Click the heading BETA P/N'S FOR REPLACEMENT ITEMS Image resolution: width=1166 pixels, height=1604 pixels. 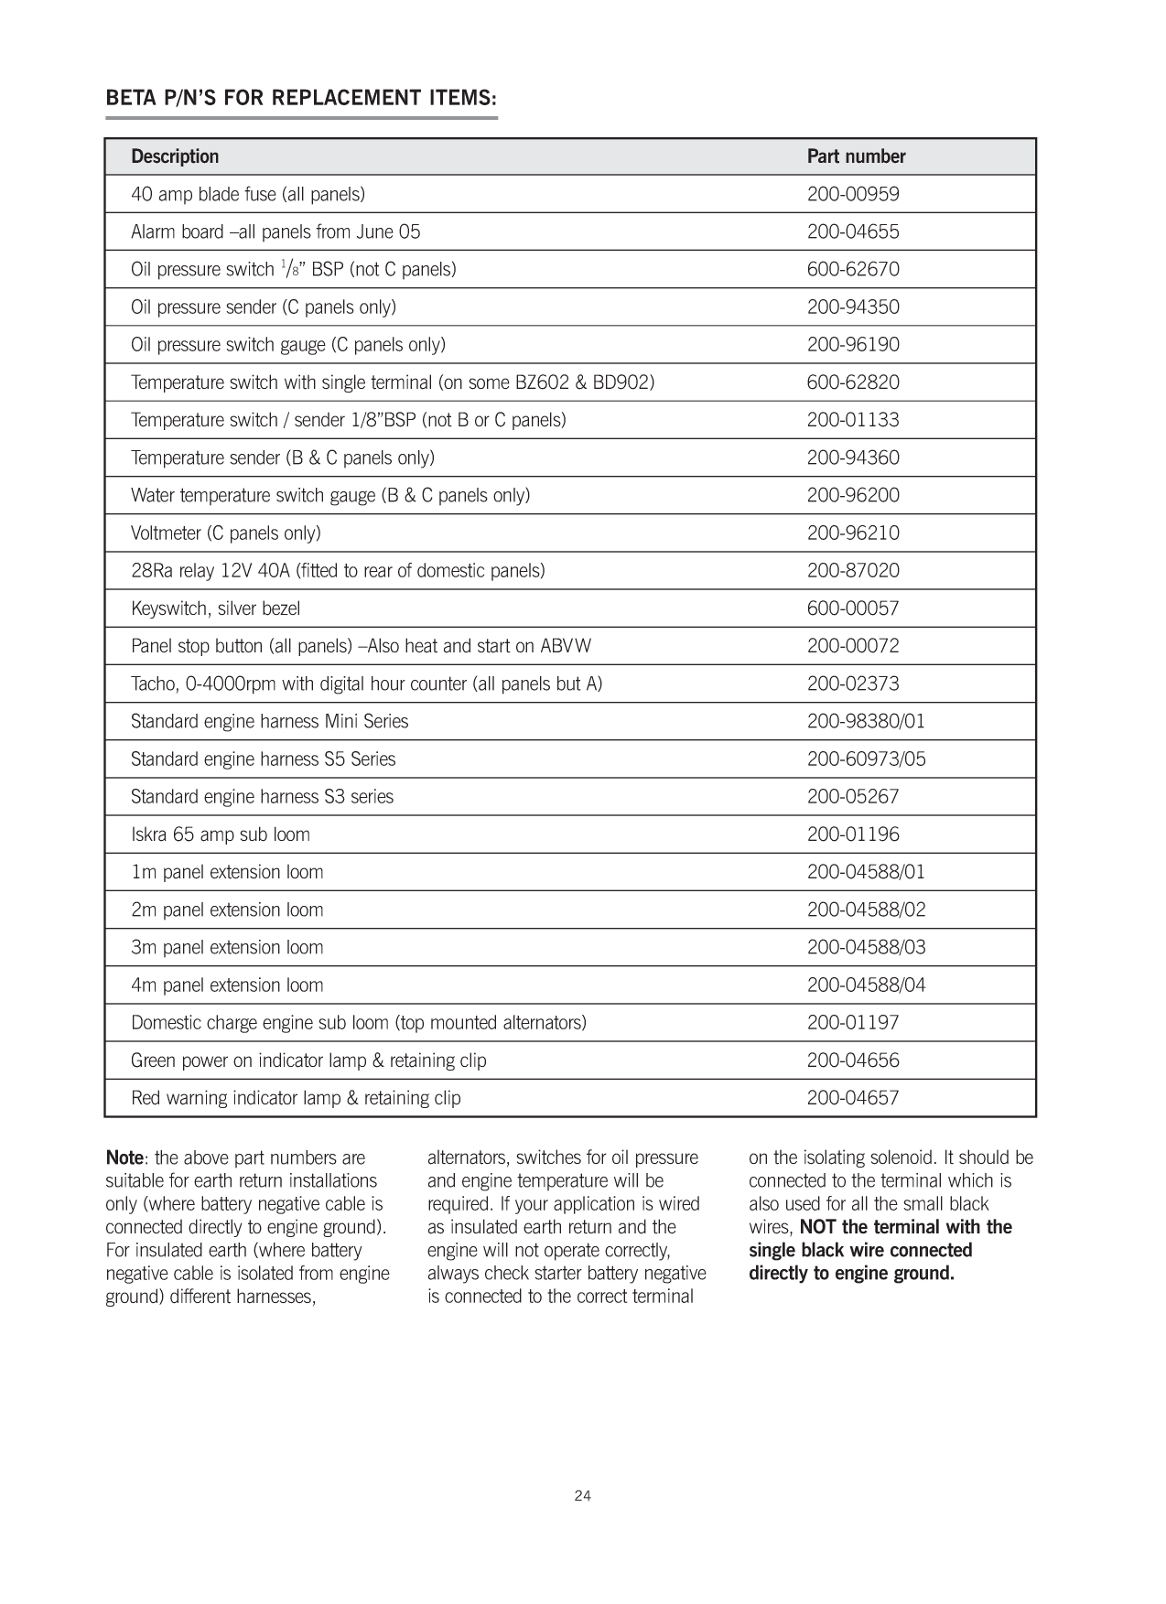[x=301, y=98]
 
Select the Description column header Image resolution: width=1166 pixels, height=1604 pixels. [x=175, y=156]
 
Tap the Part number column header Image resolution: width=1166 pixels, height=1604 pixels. [x=856, y=156]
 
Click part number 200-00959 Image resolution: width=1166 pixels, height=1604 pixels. [x=853, y=194]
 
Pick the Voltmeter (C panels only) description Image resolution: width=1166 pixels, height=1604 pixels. [x=226, y=533]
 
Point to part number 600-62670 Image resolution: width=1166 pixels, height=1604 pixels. [x=853, y=269]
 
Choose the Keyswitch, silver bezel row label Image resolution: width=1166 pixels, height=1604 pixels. [x=215, y=608]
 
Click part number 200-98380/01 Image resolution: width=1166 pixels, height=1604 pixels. [x=866, y=721]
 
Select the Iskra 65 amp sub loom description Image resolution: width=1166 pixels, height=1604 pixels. [x=221, y=834]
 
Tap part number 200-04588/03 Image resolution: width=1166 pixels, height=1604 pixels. [x=866, y=947]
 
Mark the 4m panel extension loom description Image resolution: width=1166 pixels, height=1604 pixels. [x=227, y=985]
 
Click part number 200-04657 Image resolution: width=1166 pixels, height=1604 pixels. [x=853, y=1098]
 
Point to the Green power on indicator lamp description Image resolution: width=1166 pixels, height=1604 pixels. [x=308, y=1060]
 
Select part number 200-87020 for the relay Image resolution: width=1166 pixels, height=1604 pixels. [x=853, y=571]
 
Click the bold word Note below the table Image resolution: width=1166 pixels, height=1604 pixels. [x=124, y=1158]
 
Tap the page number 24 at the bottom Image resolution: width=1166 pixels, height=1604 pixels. [x=583, y=1496]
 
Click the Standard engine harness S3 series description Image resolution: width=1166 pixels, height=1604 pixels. [x=262, y=797]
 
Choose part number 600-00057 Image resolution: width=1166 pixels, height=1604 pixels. [x=853, y=608]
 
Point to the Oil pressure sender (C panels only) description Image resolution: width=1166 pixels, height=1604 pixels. [x=264, y=307]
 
